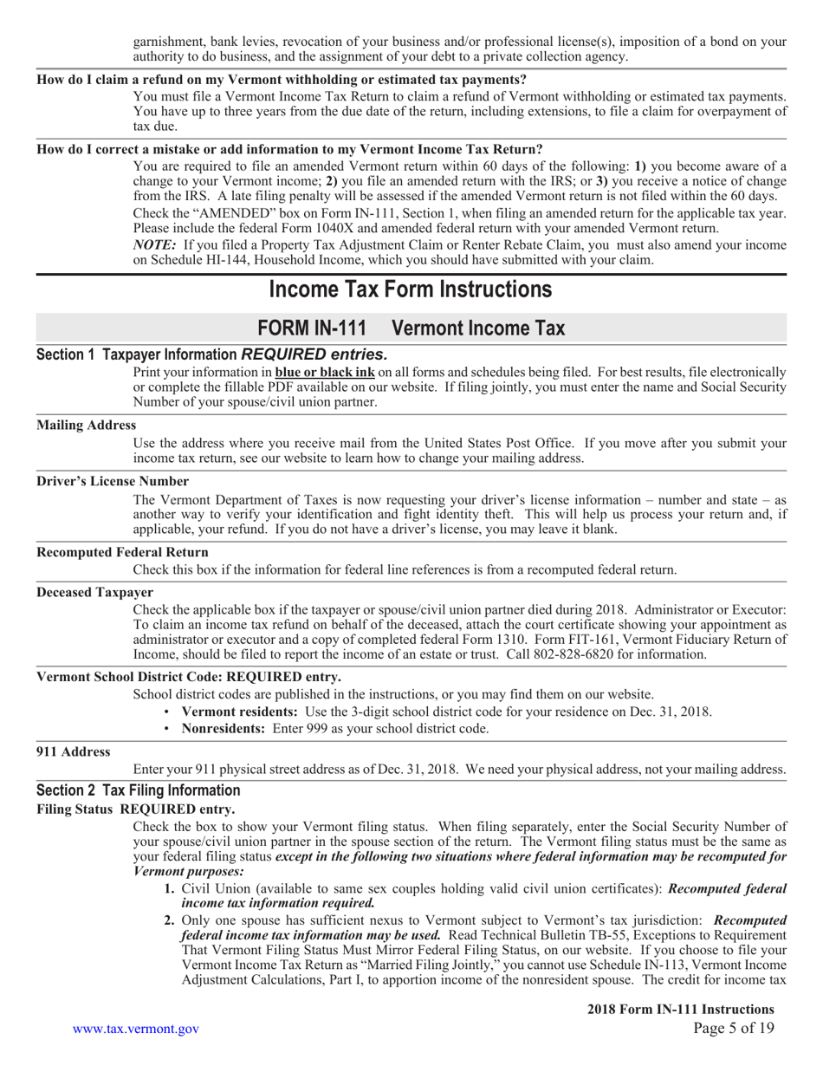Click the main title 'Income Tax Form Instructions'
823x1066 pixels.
click(411, 289)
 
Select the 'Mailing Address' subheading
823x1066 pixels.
click(87, 425)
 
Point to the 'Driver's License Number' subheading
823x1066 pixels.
click(113, 481)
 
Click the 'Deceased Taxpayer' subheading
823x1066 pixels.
click(95, 592)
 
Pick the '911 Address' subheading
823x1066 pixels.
click(74, 751)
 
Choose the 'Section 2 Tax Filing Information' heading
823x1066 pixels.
click(139, 790)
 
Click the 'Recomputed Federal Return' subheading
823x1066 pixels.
click(122, 552)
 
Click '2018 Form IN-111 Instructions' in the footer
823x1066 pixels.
click(680, 1009)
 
